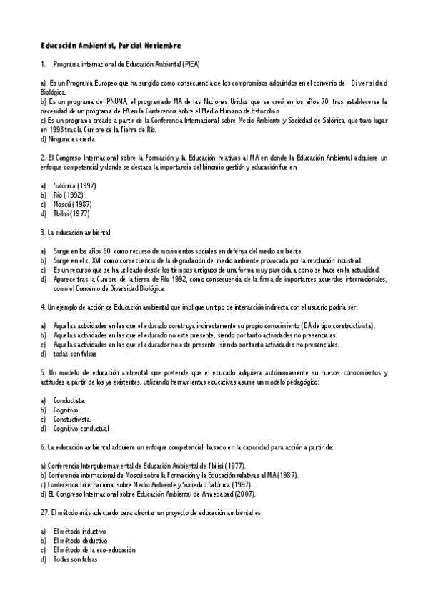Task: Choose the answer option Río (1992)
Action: tap(68, 195)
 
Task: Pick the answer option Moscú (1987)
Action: tap(71, 204)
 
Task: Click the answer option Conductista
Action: tap(69, 401)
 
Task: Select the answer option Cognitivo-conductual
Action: tap(81, 429)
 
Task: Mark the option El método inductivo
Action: tap(79, 532)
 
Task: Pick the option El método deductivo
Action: tap(80, 541)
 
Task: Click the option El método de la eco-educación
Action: tap(94, 550)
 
